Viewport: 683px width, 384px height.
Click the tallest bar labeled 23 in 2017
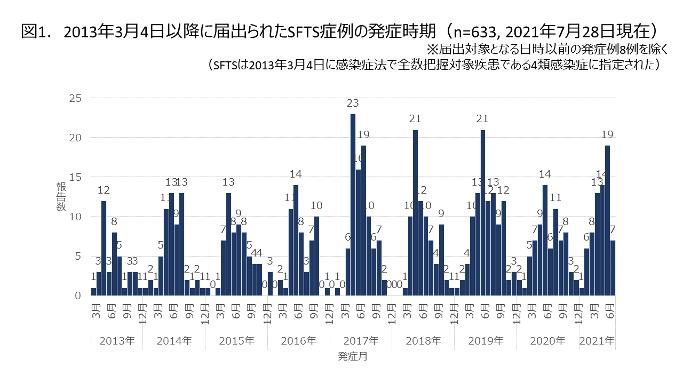[x=353, y=205]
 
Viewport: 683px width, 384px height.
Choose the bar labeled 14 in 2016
[x=296, y=240]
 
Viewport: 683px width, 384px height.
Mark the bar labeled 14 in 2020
[x=545, y=240]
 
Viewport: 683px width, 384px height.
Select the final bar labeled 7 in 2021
[x=613, y=268]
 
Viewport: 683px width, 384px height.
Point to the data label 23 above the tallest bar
[x=353, y=103]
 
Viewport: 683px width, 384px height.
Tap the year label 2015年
[x=236, y=340]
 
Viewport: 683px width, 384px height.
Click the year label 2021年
[x=597, y=340]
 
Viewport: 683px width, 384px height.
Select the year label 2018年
[x=423, y=340]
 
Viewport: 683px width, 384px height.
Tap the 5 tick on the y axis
[x=77, y=256]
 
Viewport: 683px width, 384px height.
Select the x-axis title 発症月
[x=352, y=356]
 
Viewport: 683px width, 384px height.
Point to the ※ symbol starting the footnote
[x=431, y=49]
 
